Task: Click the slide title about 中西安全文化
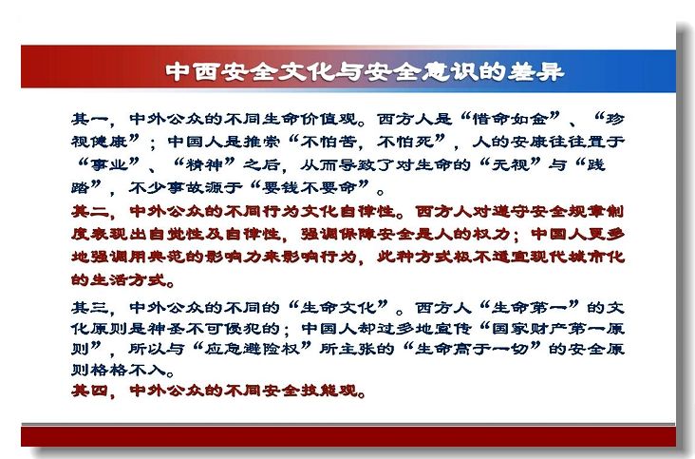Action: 365,72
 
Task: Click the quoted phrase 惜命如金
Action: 510,119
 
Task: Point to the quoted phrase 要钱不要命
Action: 309,188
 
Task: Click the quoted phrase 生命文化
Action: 338,307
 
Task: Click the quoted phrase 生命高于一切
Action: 472,349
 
